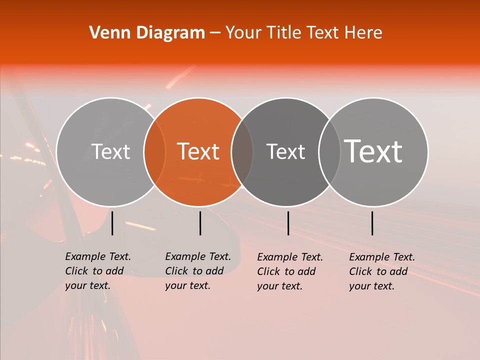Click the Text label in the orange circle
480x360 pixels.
[198, 151]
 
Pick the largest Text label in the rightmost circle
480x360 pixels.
[373, 151]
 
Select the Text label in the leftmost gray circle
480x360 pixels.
[110, 151]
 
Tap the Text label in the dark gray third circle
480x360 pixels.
[285, 151]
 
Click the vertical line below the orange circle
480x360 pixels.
[200, 223]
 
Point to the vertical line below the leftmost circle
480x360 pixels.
[112, 223]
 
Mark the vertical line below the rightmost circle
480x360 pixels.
[372, 223]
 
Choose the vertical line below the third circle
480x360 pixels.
[288, 223]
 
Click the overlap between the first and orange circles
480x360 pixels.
[154, 151]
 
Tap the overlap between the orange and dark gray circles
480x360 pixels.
[242, 151]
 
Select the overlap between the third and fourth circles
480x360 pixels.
[329, 151]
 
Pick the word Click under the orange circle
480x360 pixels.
[176, 271]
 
